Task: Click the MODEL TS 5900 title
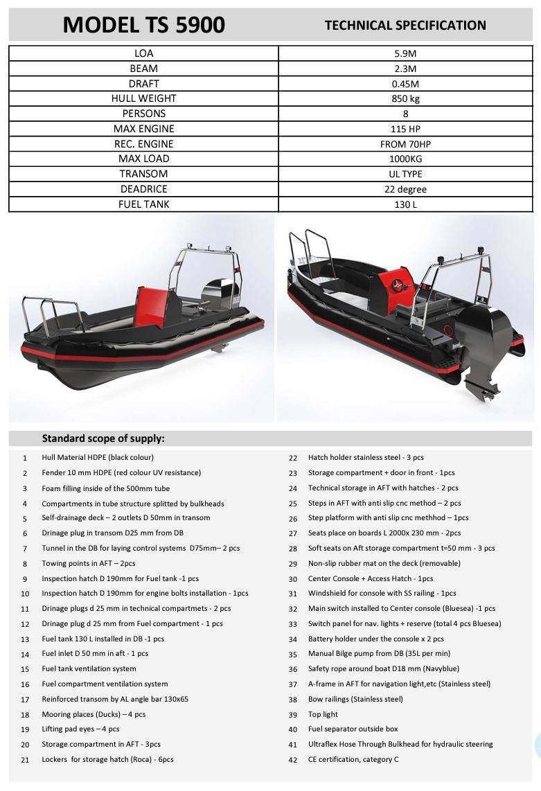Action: (x=143, y=25)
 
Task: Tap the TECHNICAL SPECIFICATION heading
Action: (x=405, y=26)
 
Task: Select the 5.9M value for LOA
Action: (x=405, y=53)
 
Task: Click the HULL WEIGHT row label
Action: (x=143, y=98)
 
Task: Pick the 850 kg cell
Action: (x=405, y=98)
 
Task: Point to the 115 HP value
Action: (x=405, y=129)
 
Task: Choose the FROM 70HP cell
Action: (x=405, y=144)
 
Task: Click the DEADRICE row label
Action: (x=143, y=189)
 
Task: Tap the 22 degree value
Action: (x=405, y=189)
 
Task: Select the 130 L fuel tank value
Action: (x=405, y=204)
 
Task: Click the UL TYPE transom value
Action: (x=405, y=174)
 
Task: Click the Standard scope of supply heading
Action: (x=103, y=438)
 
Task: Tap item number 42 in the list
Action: (x=293, y=760)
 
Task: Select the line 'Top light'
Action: (x=323, y=714)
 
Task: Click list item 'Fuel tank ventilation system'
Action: (x=89, y=668)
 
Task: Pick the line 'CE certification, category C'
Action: (x=353, y=760)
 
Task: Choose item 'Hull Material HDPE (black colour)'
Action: (x=98, y=457)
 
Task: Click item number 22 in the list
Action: (x=293, y=458)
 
